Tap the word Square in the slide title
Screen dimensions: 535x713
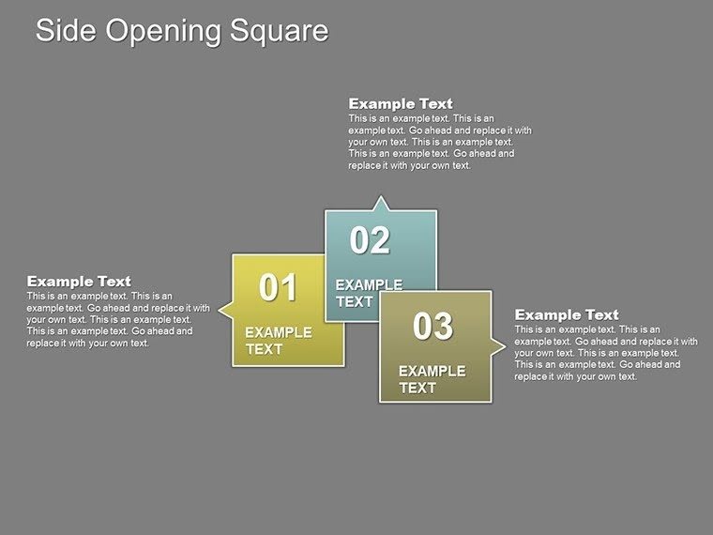[x=278, y=31]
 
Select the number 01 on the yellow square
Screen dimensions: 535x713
[x=278, y=287]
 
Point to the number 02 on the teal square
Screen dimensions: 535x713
[x=370, y=241]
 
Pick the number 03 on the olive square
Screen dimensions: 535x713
[x=432, y=326]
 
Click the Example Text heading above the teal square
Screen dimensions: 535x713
[x=400, y=103]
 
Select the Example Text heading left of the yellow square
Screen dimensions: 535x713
[x=79, y=281]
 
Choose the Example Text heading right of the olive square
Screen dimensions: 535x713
[x=567, y=314]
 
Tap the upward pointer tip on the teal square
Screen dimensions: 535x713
[x=380, y=197]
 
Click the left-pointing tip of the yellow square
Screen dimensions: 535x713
[x=219, y=308]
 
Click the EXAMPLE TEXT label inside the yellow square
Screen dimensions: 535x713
[x=278, y=341]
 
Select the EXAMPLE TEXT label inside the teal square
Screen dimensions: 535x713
[x=368, y=293]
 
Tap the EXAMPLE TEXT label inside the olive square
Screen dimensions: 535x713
[x=432, y=379]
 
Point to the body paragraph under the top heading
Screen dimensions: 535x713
[x=439, y=142]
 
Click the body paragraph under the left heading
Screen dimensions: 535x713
[x=117, y=319]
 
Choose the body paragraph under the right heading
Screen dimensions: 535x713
[x=605, y=353]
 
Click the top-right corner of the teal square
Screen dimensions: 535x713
[x=436, y=211]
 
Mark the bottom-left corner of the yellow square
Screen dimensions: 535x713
[x=233, y=364]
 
